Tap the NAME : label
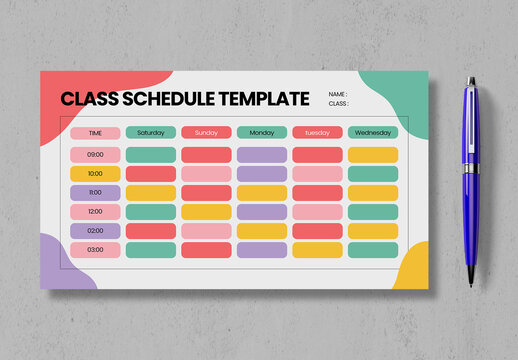pos(338,94)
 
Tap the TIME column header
pos(95,133)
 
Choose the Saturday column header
pos(151,132)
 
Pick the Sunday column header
pos(206,132)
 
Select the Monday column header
pos(262,132)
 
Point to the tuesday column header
pos(317,132)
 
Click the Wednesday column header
pos(373,132)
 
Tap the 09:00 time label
pos(95,155)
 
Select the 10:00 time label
pos(95,174)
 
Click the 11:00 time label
pos(95,193)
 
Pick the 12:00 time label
pos(95,212)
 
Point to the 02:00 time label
pos(95,231)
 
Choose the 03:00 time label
pos(95,250)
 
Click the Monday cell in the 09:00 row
pos(262,155)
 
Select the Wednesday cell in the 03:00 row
pos(373,250)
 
